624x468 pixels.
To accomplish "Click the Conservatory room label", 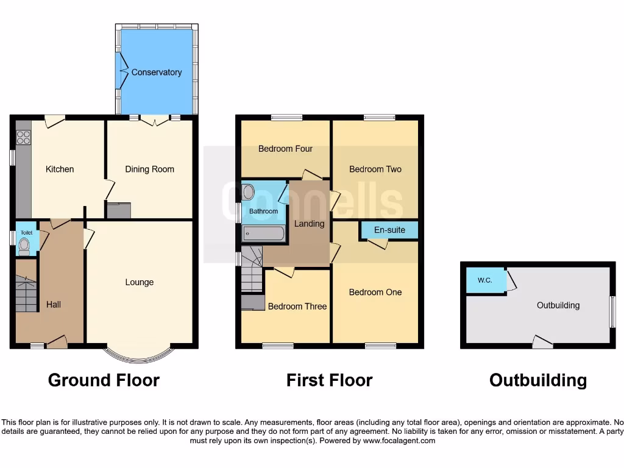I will click(157, 72).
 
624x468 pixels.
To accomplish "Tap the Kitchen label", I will click(60, 169).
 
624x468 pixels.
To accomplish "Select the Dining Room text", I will click(149, 169).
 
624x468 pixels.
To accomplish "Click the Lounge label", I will click(139, 282).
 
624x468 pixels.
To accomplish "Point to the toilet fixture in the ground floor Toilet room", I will click(24, 246).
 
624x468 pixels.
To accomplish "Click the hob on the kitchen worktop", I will click(23, 138).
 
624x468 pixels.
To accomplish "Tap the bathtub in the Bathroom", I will click(263, 233).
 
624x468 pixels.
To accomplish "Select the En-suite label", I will click(389, 230).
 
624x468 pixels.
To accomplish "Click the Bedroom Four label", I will click(285, 148).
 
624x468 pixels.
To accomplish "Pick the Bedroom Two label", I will click(375, 169).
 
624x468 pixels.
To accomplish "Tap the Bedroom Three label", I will click(297, 306).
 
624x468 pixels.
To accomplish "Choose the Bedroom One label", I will click(375, 292).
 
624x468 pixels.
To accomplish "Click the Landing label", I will click(309, 224).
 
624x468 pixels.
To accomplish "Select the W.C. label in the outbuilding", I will click(484, 280).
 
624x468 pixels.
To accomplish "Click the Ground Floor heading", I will click(104, 380).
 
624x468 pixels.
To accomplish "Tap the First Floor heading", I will click(329, 380).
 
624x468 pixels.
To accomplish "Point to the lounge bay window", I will click(140, 353).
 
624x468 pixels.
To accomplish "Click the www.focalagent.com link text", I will click(399, 441).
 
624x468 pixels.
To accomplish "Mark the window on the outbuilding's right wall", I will click(613, 311).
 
